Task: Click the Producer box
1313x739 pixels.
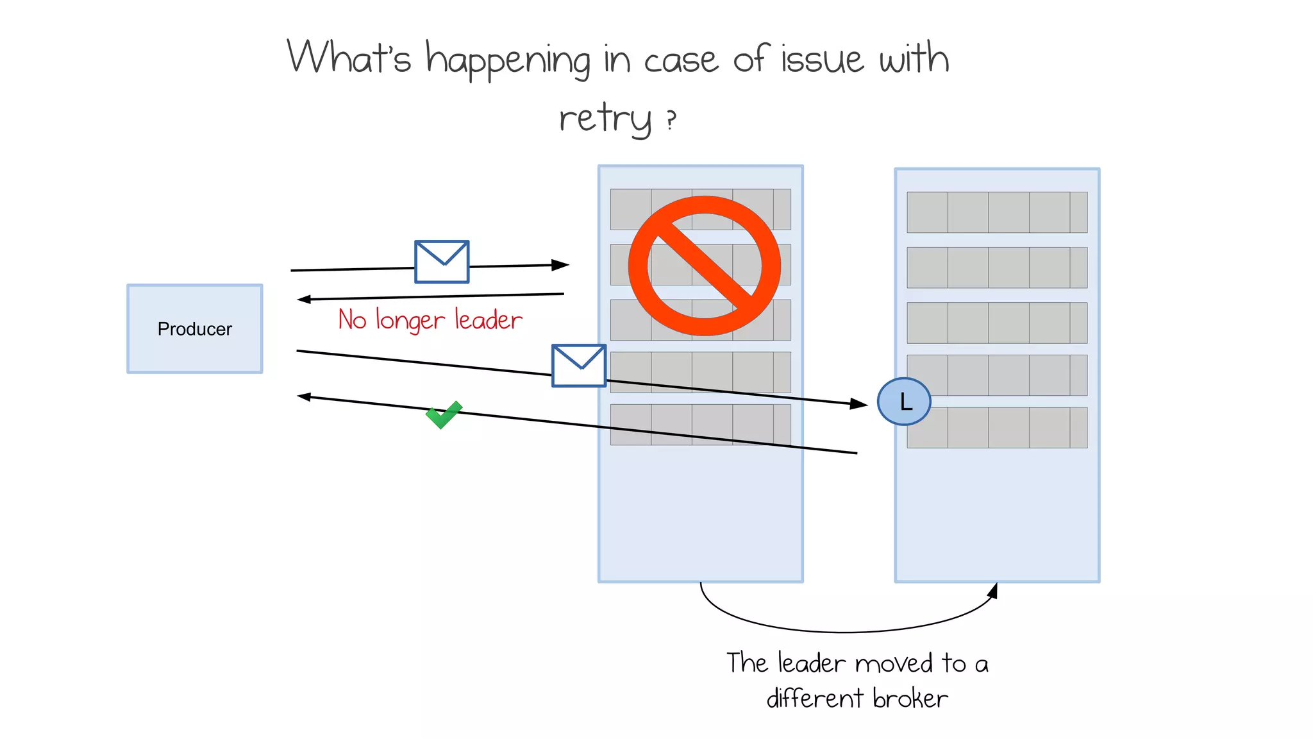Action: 194,328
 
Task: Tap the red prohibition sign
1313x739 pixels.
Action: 704,266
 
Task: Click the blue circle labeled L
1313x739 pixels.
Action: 903,402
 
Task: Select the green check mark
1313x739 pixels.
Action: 443,414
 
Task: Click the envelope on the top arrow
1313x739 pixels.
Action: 442,262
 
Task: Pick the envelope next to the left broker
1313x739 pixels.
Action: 578,366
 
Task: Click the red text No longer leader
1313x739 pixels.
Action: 430,319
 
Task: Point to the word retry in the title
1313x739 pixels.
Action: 605,119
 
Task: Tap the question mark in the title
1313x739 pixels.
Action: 671,119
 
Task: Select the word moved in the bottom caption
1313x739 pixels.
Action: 893,663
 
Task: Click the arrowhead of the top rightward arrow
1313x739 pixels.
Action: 561,265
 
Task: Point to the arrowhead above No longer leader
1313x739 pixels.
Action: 305,299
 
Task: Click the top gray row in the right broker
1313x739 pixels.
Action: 996,212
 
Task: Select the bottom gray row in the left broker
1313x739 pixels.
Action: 700,425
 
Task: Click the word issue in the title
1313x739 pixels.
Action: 822,59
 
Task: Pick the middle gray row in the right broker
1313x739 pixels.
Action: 996,323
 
